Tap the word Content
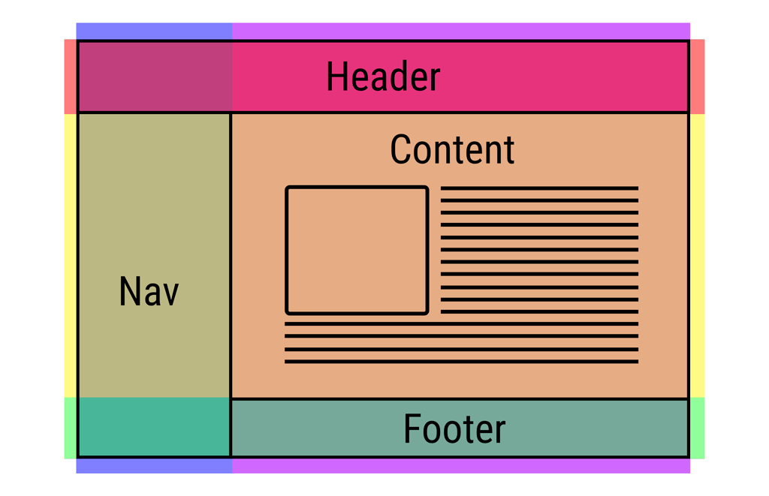pos(452,149)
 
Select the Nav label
pos(149,291)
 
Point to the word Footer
pos(454,429)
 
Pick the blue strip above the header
pos(154,31)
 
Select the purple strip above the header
pos(461,31)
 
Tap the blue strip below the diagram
pos(154,466)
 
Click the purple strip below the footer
pos(461,466)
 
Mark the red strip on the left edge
pos(71,77)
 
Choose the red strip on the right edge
pos(698,77)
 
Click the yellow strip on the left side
pos(71,255)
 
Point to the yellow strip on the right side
pos(698,255)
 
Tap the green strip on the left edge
pos(71,428)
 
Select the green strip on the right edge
pos(698,428)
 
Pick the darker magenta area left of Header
pos(155,77)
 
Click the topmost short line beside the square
pos(539,188)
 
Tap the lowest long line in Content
pos(462,362)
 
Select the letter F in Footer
pos(412,428)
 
